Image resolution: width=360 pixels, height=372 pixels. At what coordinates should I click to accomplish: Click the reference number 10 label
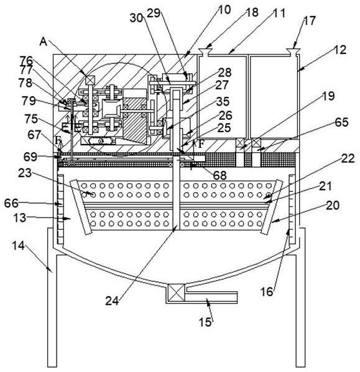pos(224,9)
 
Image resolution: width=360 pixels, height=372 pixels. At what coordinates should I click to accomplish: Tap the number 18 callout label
pos(251,12)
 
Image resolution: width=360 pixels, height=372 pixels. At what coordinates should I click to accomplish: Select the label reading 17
pos(309,20)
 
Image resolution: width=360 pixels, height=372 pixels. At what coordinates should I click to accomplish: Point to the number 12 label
pos(340,50)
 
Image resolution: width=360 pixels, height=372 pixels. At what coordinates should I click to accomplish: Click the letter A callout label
pos(44,42)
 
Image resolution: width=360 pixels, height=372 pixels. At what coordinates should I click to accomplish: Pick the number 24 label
pos(112,301)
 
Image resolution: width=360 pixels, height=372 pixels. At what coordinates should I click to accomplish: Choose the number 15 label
pos(205,322)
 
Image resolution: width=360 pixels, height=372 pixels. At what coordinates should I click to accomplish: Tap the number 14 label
pos(18,245)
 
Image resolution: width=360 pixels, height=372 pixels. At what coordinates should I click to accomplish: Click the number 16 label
pos(267,291)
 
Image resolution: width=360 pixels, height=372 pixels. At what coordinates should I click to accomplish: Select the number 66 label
pos(11,203)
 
